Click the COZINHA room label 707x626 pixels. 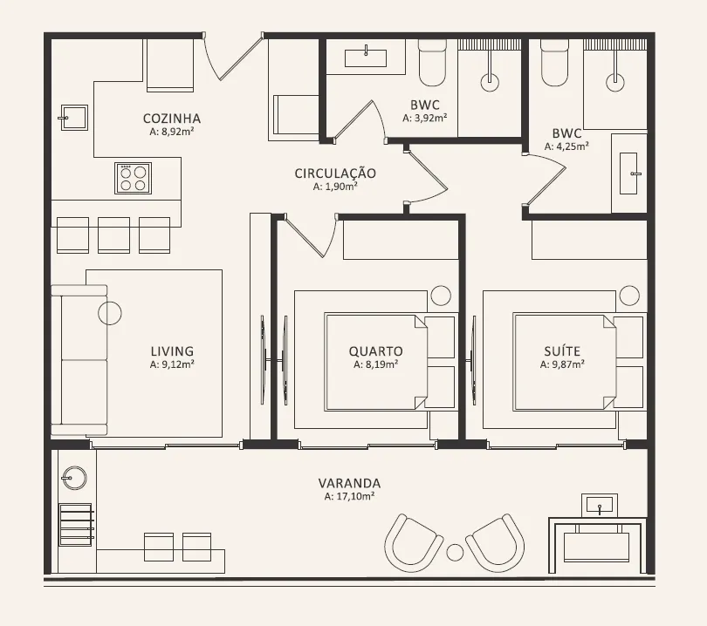tap(172, 119)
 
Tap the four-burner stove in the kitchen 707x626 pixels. tap(133, 179)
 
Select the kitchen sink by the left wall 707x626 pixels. tap(74, 118)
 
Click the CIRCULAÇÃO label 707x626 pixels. tap(335, 174)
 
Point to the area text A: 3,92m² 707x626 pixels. tap(425, 118)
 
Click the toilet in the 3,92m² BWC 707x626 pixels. tap(432, 63)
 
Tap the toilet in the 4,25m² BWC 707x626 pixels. tap(555, 63)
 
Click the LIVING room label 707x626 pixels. tap(172, 351)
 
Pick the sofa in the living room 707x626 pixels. tap(79, 360)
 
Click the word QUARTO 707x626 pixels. tap(375, 351)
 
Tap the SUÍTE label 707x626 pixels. tap(562, 350)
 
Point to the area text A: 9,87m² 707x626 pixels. tap(562, 364)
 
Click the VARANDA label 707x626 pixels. tap(349, 484)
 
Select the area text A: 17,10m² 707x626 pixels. tap(349, 496)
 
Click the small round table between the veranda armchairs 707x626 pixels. tap(455, 553)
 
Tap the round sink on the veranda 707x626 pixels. tap(74, 478)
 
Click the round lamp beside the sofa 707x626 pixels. tap(110, 312)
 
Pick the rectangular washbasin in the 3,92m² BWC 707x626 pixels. tap(366, 58)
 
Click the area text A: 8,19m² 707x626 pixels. tap(375, 364)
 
